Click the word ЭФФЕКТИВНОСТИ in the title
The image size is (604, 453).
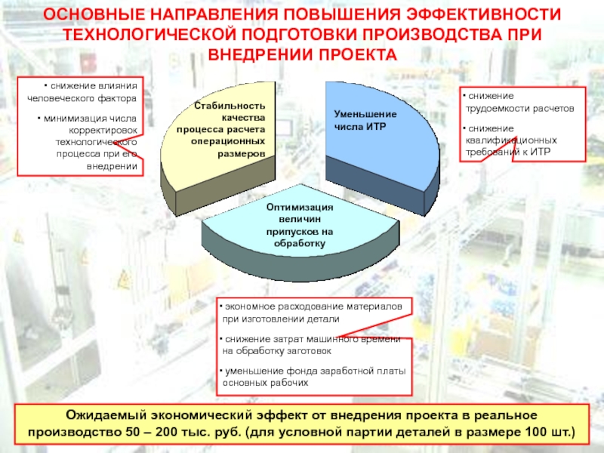pos(484,14)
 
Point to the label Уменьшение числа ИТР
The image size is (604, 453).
pos(365,120)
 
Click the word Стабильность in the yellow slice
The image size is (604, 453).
pos(230,106)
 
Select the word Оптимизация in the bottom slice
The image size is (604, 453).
pos(300,207)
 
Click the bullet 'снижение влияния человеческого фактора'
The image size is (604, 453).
pos(82,91)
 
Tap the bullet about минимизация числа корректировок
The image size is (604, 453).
pos(87,142)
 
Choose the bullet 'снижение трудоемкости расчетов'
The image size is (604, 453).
pos(519,102)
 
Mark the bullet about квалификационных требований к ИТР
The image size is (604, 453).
pos(510,140)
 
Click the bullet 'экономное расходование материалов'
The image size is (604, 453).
pos(311,313)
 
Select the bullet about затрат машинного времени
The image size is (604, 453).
pos(310,345)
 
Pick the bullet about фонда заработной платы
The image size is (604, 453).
pos(313,377)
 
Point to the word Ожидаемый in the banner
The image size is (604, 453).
pos(105,415)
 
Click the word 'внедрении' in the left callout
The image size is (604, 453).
pos(112,166)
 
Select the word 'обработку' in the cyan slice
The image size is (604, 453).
pos(300,243)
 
